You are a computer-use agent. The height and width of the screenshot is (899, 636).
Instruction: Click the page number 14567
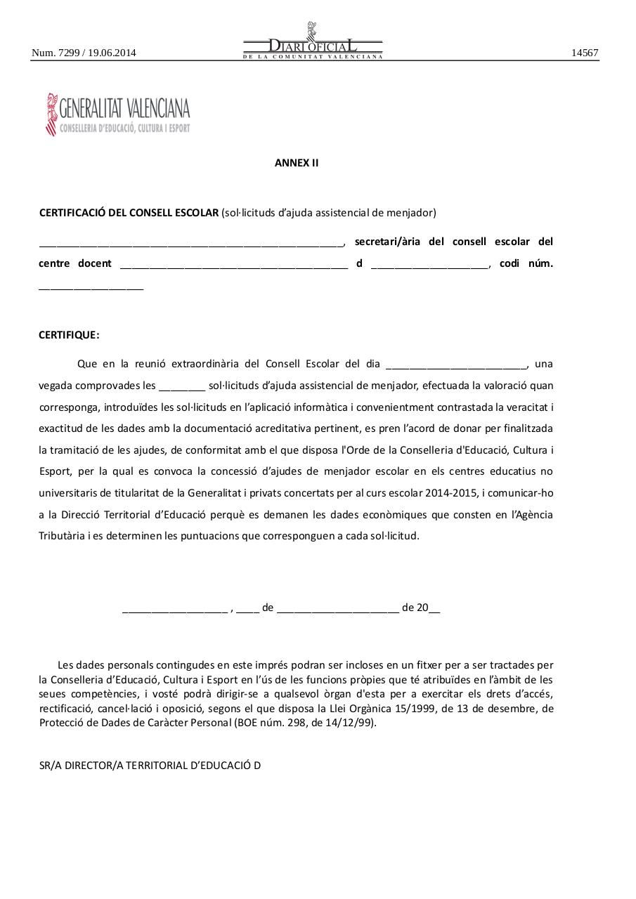585,53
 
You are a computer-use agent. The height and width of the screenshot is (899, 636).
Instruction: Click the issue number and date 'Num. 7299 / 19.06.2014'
84,53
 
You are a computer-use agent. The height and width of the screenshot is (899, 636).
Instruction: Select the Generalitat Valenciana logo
118,114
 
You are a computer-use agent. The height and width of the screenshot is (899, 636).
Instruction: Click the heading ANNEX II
296,163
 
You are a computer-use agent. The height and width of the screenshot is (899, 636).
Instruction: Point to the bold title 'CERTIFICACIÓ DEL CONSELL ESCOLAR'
129,213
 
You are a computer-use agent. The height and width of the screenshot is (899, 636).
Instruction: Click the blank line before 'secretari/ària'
190,244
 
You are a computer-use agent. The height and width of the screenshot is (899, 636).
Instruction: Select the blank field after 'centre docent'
234,265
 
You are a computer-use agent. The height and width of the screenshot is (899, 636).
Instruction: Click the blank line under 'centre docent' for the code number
91,287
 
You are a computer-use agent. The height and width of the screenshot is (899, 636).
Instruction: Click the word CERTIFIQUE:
69,335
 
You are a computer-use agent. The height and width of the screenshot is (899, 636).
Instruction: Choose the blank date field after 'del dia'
456,365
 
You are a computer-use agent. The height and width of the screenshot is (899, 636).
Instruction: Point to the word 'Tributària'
62,536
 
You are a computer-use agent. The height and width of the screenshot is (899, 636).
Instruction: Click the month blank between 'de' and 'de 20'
338,610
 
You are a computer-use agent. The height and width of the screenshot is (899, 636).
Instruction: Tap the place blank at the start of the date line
175,610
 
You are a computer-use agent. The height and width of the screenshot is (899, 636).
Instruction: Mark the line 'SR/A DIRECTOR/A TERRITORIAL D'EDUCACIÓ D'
150,765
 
